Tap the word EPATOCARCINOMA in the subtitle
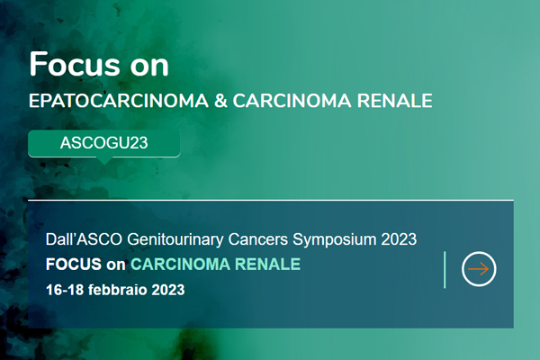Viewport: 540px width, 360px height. click(119, 101)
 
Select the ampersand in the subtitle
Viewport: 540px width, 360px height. click(220, 101)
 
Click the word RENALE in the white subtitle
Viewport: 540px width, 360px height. click(395, 101)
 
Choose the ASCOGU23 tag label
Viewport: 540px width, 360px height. click(104, 142)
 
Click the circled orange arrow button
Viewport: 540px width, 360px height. click(479, 269)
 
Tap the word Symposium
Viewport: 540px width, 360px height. click(335, 239)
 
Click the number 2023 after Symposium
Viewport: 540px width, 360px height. click(399, 239)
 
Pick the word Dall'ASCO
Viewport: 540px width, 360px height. click(84, 239)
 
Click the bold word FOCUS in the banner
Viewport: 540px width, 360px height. click(74, 265)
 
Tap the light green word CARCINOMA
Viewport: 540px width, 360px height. click(181, 265)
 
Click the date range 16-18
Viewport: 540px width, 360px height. click(65, 290)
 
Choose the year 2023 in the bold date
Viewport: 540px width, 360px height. click(168, 290)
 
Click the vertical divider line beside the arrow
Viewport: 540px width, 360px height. click(445, 269)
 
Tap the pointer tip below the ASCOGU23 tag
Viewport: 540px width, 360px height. click(104, 164)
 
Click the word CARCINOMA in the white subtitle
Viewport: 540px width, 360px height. click(292, 101)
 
